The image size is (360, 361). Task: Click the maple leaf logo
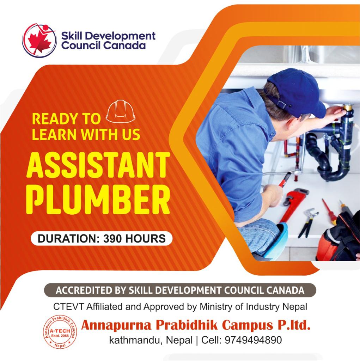[39, 40]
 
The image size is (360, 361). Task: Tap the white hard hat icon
[121, 111]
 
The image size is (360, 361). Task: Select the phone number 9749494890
[253, 340]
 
